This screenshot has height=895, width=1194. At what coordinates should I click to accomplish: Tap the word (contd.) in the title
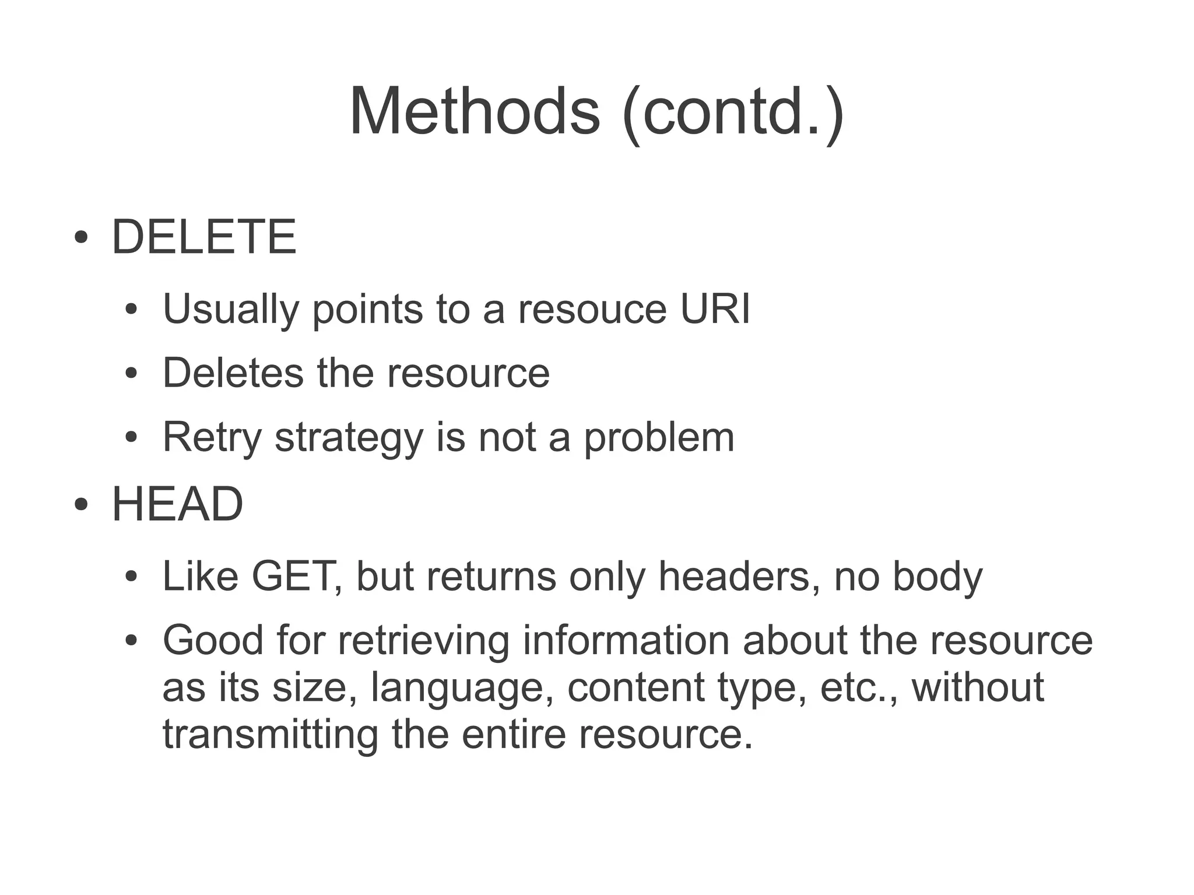click(733, 112)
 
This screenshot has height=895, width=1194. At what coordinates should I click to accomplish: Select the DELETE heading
click(204, 237)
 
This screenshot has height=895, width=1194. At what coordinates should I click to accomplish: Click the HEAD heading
click(177, 504)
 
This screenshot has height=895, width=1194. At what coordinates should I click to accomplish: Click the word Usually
click(230, 310)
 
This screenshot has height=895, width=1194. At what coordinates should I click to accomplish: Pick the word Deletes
click(233, 373)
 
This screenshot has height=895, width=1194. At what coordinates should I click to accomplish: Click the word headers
click(739, 576)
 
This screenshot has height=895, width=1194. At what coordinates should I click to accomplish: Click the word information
click(626, 640)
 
